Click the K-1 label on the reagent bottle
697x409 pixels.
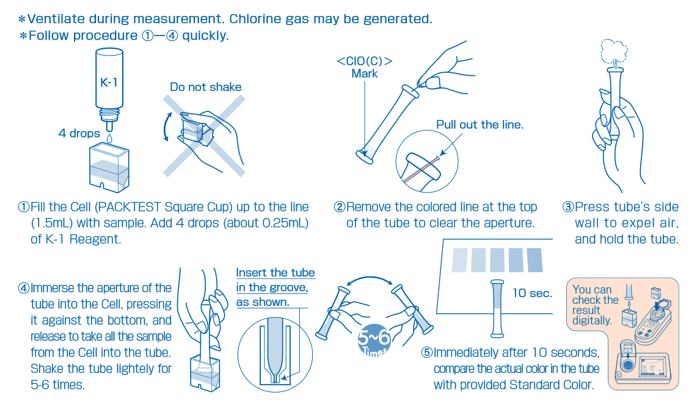tap(109, 82)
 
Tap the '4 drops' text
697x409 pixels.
tap(79, 133)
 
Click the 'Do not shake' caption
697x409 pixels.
tap(205, 87)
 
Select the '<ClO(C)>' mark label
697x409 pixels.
tap(365, 61)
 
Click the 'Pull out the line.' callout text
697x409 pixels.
tap(480, 125)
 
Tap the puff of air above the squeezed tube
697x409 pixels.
tap(612, 51)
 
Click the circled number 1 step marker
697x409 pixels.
tap(23, 207)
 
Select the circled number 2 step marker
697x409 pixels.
tap(339, 207)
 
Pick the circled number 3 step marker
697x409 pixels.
tap(567, 207)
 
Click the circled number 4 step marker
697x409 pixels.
tap(23, 287)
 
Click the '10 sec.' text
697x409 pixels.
tap(532, 293)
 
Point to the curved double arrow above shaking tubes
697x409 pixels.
tap(370, 278)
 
